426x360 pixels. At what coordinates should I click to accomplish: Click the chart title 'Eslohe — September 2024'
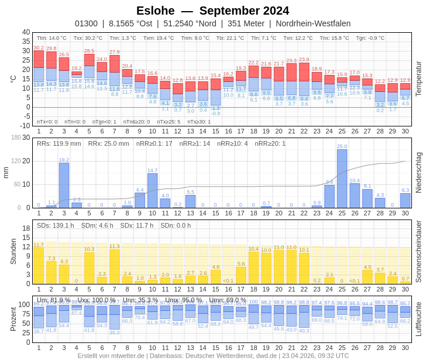[212, 11]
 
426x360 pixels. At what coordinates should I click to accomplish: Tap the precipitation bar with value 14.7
[152, 191]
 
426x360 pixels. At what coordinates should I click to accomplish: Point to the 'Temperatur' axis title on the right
[418, 78]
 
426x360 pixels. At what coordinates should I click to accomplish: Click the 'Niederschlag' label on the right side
[418, 173]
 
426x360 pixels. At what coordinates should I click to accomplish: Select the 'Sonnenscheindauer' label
[418, 252]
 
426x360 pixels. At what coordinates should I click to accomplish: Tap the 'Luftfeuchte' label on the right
[418, 319]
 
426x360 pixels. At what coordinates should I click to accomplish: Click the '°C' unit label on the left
[13, 78]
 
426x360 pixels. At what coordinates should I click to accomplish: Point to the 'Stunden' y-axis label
[13, 251]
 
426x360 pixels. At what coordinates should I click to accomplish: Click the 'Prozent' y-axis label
[13, 319]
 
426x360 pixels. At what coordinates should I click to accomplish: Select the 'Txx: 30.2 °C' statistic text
[88, 37]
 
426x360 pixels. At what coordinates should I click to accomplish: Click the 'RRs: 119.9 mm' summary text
[59, 143]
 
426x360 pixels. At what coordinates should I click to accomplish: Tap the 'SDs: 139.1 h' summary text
[56, 225]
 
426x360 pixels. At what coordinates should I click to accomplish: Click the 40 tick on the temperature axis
[26, 33]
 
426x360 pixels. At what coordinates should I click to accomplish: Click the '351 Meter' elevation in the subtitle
[246, 23]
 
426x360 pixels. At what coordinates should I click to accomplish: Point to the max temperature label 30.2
[39, 47]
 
